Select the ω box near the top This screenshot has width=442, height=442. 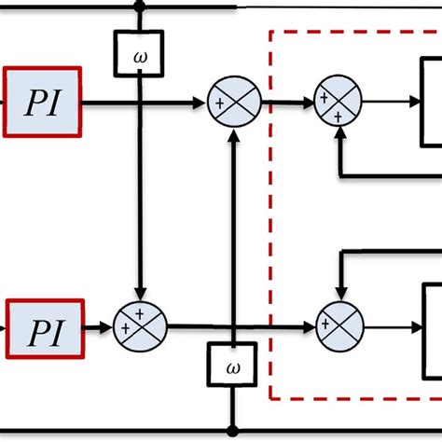coord(140,53)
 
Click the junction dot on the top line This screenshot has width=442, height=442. coord(140,7)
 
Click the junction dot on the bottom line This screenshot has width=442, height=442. coord(232,431)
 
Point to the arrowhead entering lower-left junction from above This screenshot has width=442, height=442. coord(139,297)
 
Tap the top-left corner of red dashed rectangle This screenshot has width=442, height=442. coord(271,31)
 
